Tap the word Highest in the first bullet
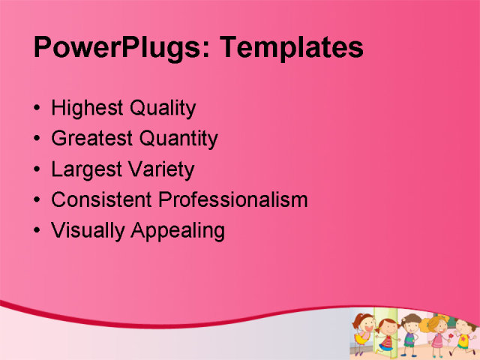(87, 109)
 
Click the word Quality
(163, 109)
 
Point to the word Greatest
(91, 139)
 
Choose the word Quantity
(181, 139)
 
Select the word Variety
(160, 170)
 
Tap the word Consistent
(101, 200)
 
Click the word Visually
(88, 231)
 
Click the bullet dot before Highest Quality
(38, 109)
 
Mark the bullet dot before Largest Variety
(38, 169)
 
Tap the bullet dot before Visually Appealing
(38, 230)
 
